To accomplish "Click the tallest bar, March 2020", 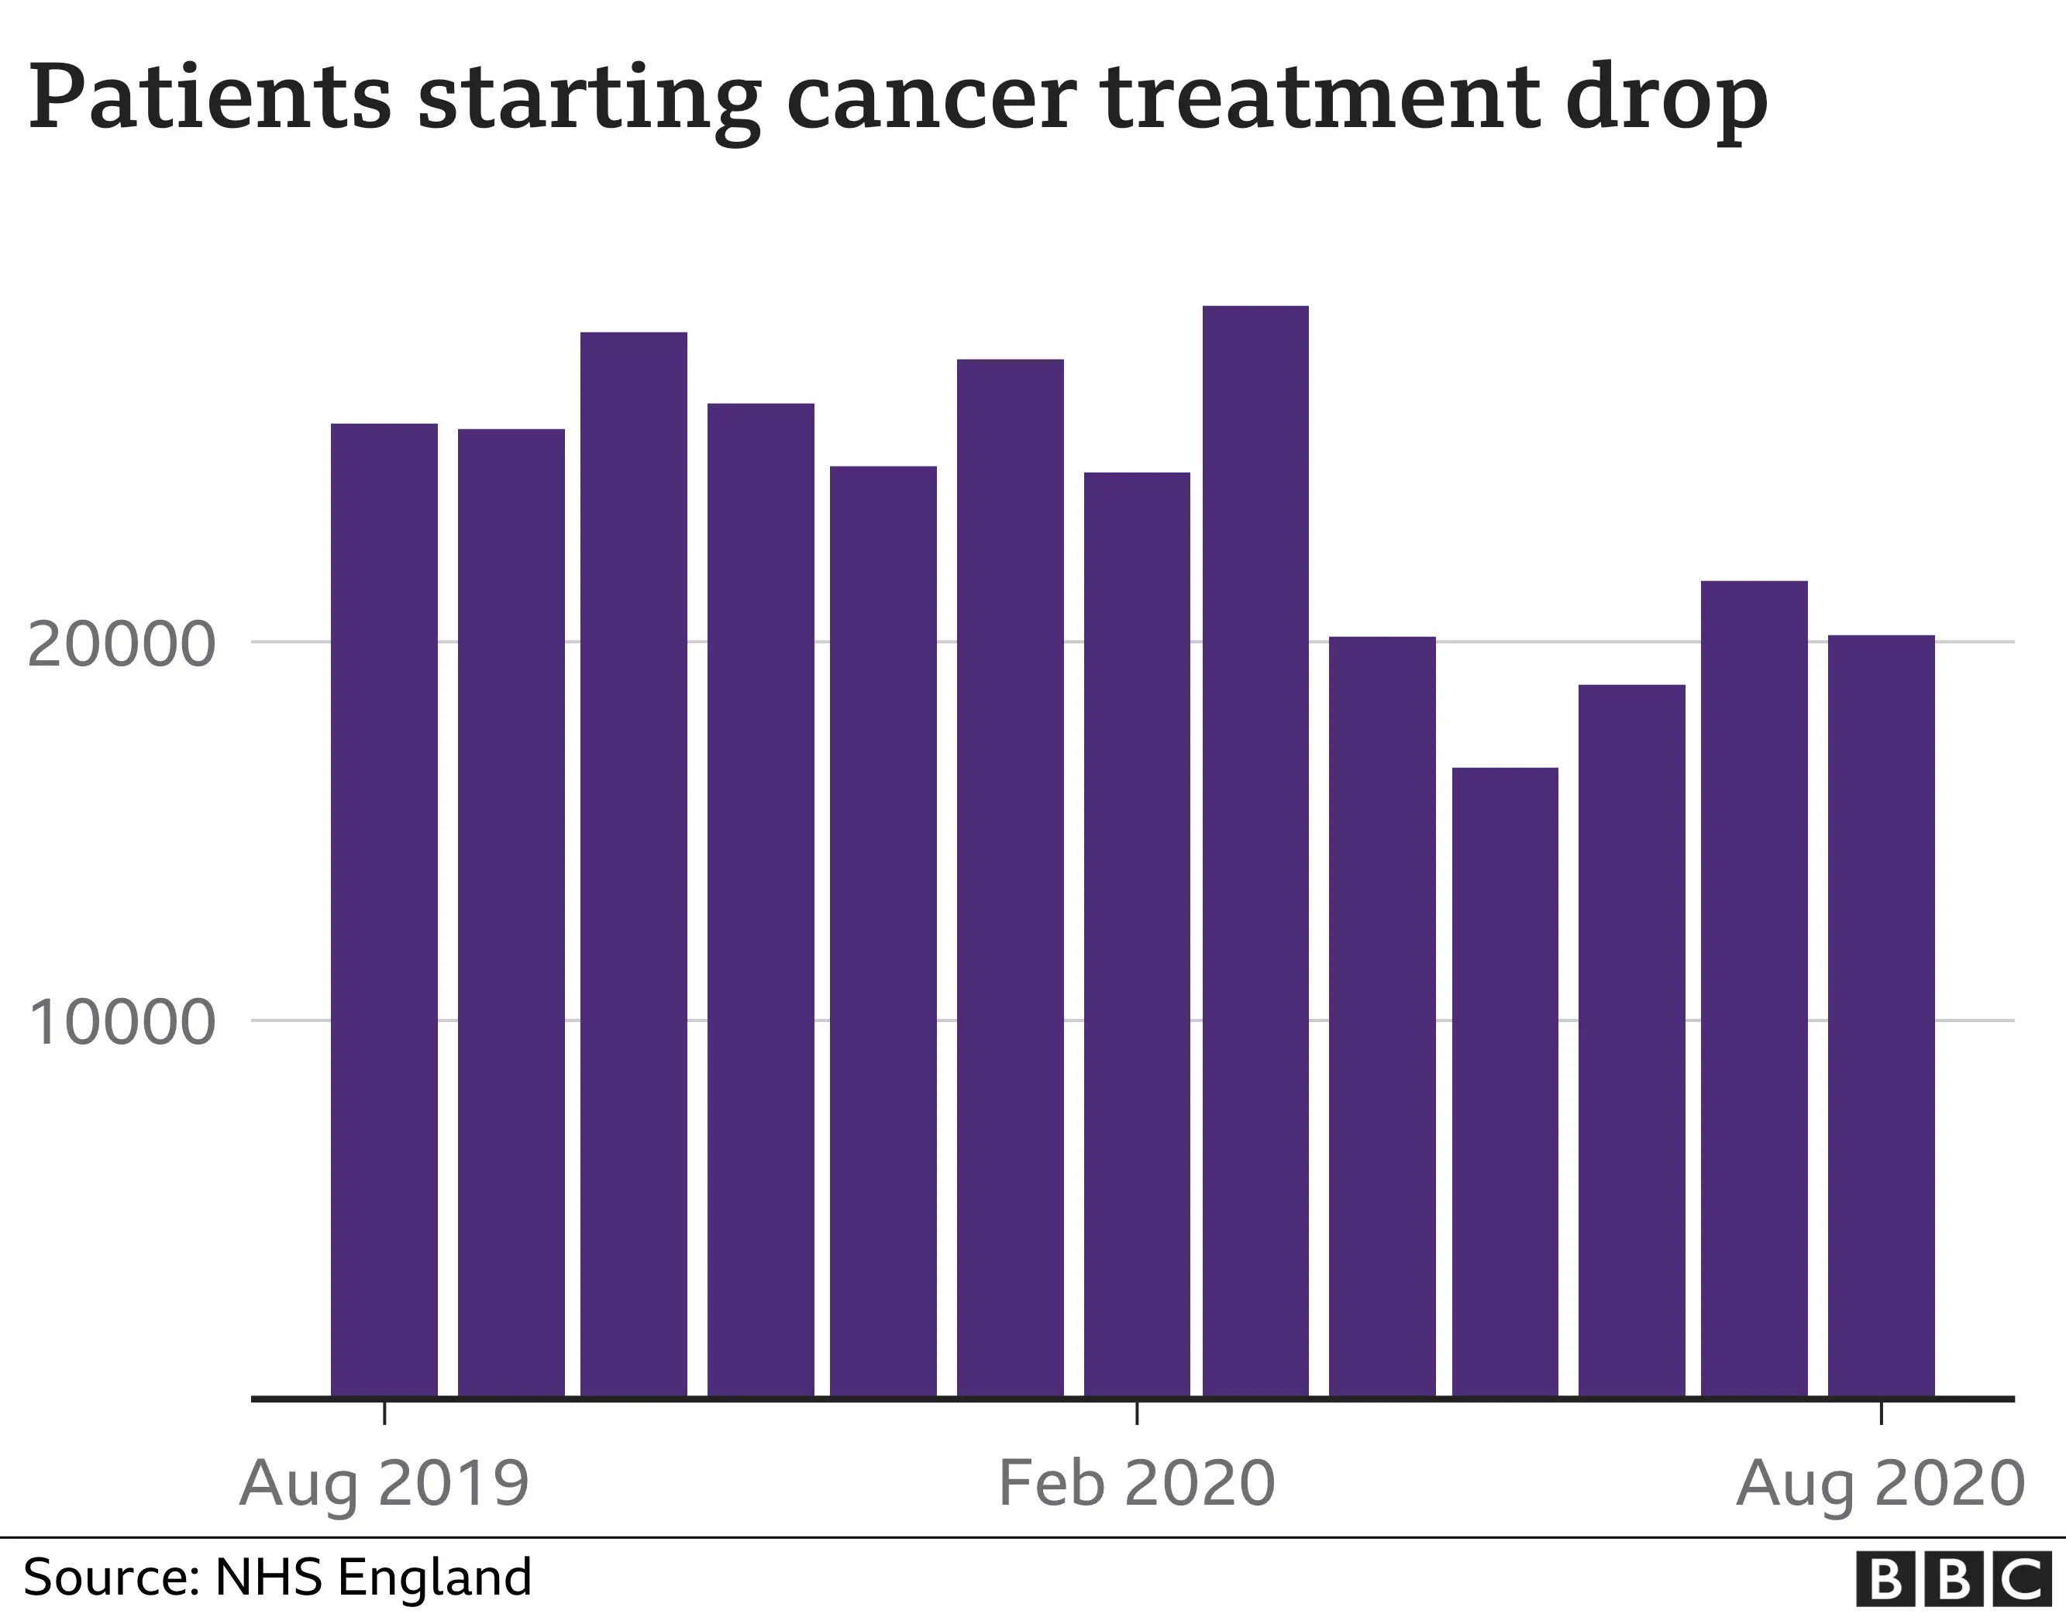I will [1255, 852].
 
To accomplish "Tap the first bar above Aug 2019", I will [384, 909].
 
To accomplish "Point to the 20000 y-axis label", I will [121, 646].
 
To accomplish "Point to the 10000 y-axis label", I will [121, 1024].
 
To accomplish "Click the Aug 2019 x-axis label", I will [384, 1484].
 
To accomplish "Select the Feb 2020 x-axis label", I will [1136, 1484].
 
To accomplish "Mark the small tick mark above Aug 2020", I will [1881, 1413].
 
